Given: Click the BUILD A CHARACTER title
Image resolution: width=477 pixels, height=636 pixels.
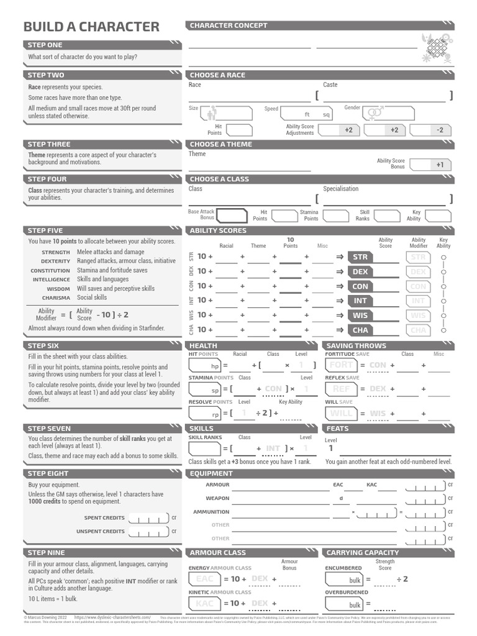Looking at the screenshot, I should [x=91, y=27].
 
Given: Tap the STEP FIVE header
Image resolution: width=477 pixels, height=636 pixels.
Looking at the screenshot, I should [x=45, y=230].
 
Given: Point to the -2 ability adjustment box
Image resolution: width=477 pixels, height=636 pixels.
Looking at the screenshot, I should [x=430, y=130].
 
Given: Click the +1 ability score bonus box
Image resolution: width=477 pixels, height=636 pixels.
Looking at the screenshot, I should [x=430, y=165].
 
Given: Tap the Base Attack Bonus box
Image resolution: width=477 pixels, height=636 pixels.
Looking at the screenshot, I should [x=231, y=216].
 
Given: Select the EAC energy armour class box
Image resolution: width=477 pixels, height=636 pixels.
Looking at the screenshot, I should [x=204, y=579].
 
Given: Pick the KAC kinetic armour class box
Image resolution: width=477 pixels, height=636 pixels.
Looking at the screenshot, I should [x=204, y=603].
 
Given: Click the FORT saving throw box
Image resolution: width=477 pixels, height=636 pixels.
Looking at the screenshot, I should [x=341, y=365].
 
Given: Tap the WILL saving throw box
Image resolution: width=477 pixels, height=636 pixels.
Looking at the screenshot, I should [x=341, y=413].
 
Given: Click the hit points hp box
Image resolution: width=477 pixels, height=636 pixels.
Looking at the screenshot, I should [x=204, y=366].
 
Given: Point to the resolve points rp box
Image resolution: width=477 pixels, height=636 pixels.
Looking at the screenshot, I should [x=204, y=414].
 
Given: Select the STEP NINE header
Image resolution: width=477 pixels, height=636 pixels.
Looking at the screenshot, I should [x=46, y=552].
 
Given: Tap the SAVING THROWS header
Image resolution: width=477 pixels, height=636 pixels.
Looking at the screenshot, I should [x=356, y=345].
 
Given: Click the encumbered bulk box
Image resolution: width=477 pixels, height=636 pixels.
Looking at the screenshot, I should [x=343, y=579].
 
